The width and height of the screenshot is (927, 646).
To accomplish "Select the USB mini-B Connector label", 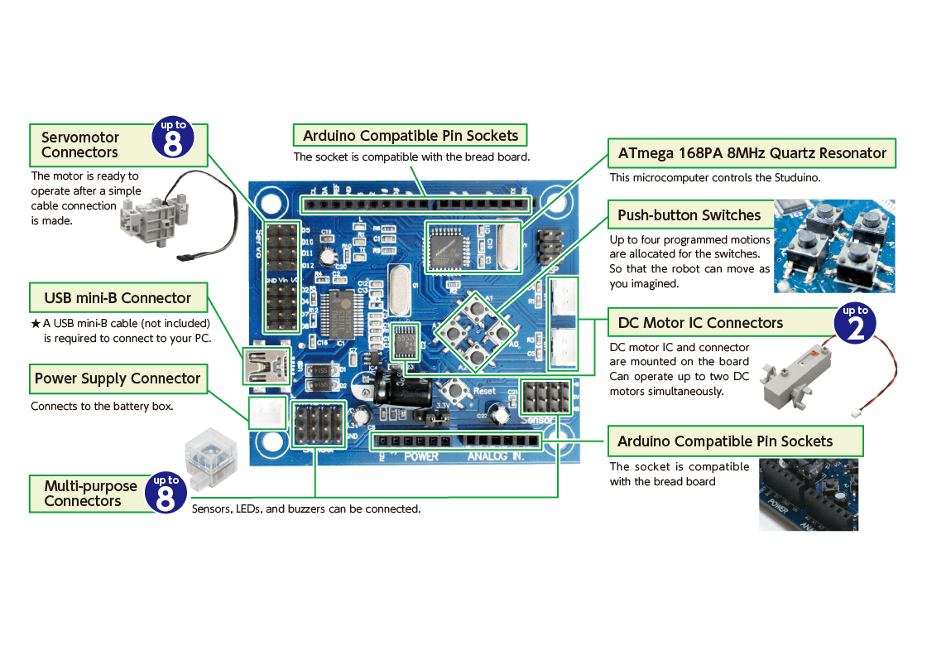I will (x=118, y=298).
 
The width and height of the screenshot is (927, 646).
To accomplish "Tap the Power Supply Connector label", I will (x=118, y=379).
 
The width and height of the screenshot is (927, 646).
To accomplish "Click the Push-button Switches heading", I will (x=689, y=215).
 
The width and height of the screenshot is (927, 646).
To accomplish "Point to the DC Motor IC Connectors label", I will (x=700, y=323).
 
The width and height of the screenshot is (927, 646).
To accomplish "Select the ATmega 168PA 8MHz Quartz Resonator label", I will (x=752, y=153).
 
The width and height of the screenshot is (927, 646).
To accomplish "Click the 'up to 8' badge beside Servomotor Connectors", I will (x=174, y=139).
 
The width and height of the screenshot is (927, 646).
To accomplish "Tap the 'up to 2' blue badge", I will (x=855, y=324).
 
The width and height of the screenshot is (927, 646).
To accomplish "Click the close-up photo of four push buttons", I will (x=834, y=246).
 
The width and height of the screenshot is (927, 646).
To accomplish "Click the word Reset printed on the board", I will (x=485, y=391).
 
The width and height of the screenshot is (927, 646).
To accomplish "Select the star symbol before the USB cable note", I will (x=36, y=323).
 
